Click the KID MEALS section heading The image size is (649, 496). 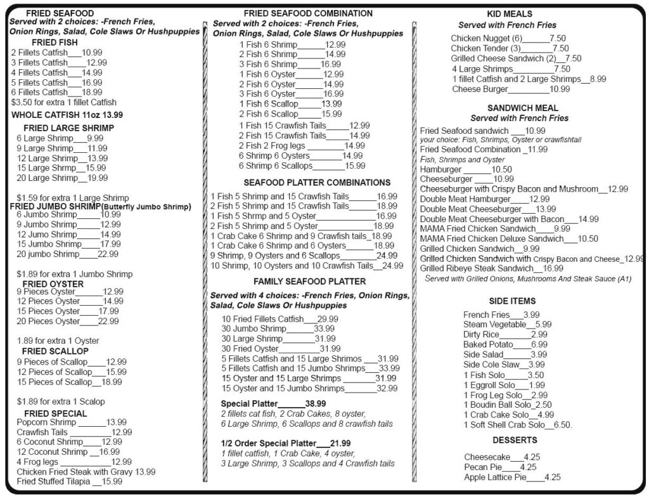(509, 14)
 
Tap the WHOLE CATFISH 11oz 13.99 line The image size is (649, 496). (67, 115)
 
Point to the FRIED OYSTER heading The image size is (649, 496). (53, 284)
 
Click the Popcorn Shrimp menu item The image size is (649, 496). (47, 422)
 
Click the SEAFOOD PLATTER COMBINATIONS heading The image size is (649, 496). (309, 183)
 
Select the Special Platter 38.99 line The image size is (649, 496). (273, 403)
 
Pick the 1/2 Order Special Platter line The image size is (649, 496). (285, 443)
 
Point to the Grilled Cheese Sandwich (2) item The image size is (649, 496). (516, 58)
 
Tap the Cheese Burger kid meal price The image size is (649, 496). (555, 89)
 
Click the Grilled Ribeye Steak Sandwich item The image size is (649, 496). (491, 268)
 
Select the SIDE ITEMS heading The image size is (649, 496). (512, 301)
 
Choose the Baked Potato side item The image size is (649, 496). (505, 344)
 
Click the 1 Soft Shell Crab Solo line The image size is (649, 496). (517, 424)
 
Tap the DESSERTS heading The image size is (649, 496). (515, 440)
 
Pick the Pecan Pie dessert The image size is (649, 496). (500, 467)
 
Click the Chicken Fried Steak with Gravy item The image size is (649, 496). (86, 471)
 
